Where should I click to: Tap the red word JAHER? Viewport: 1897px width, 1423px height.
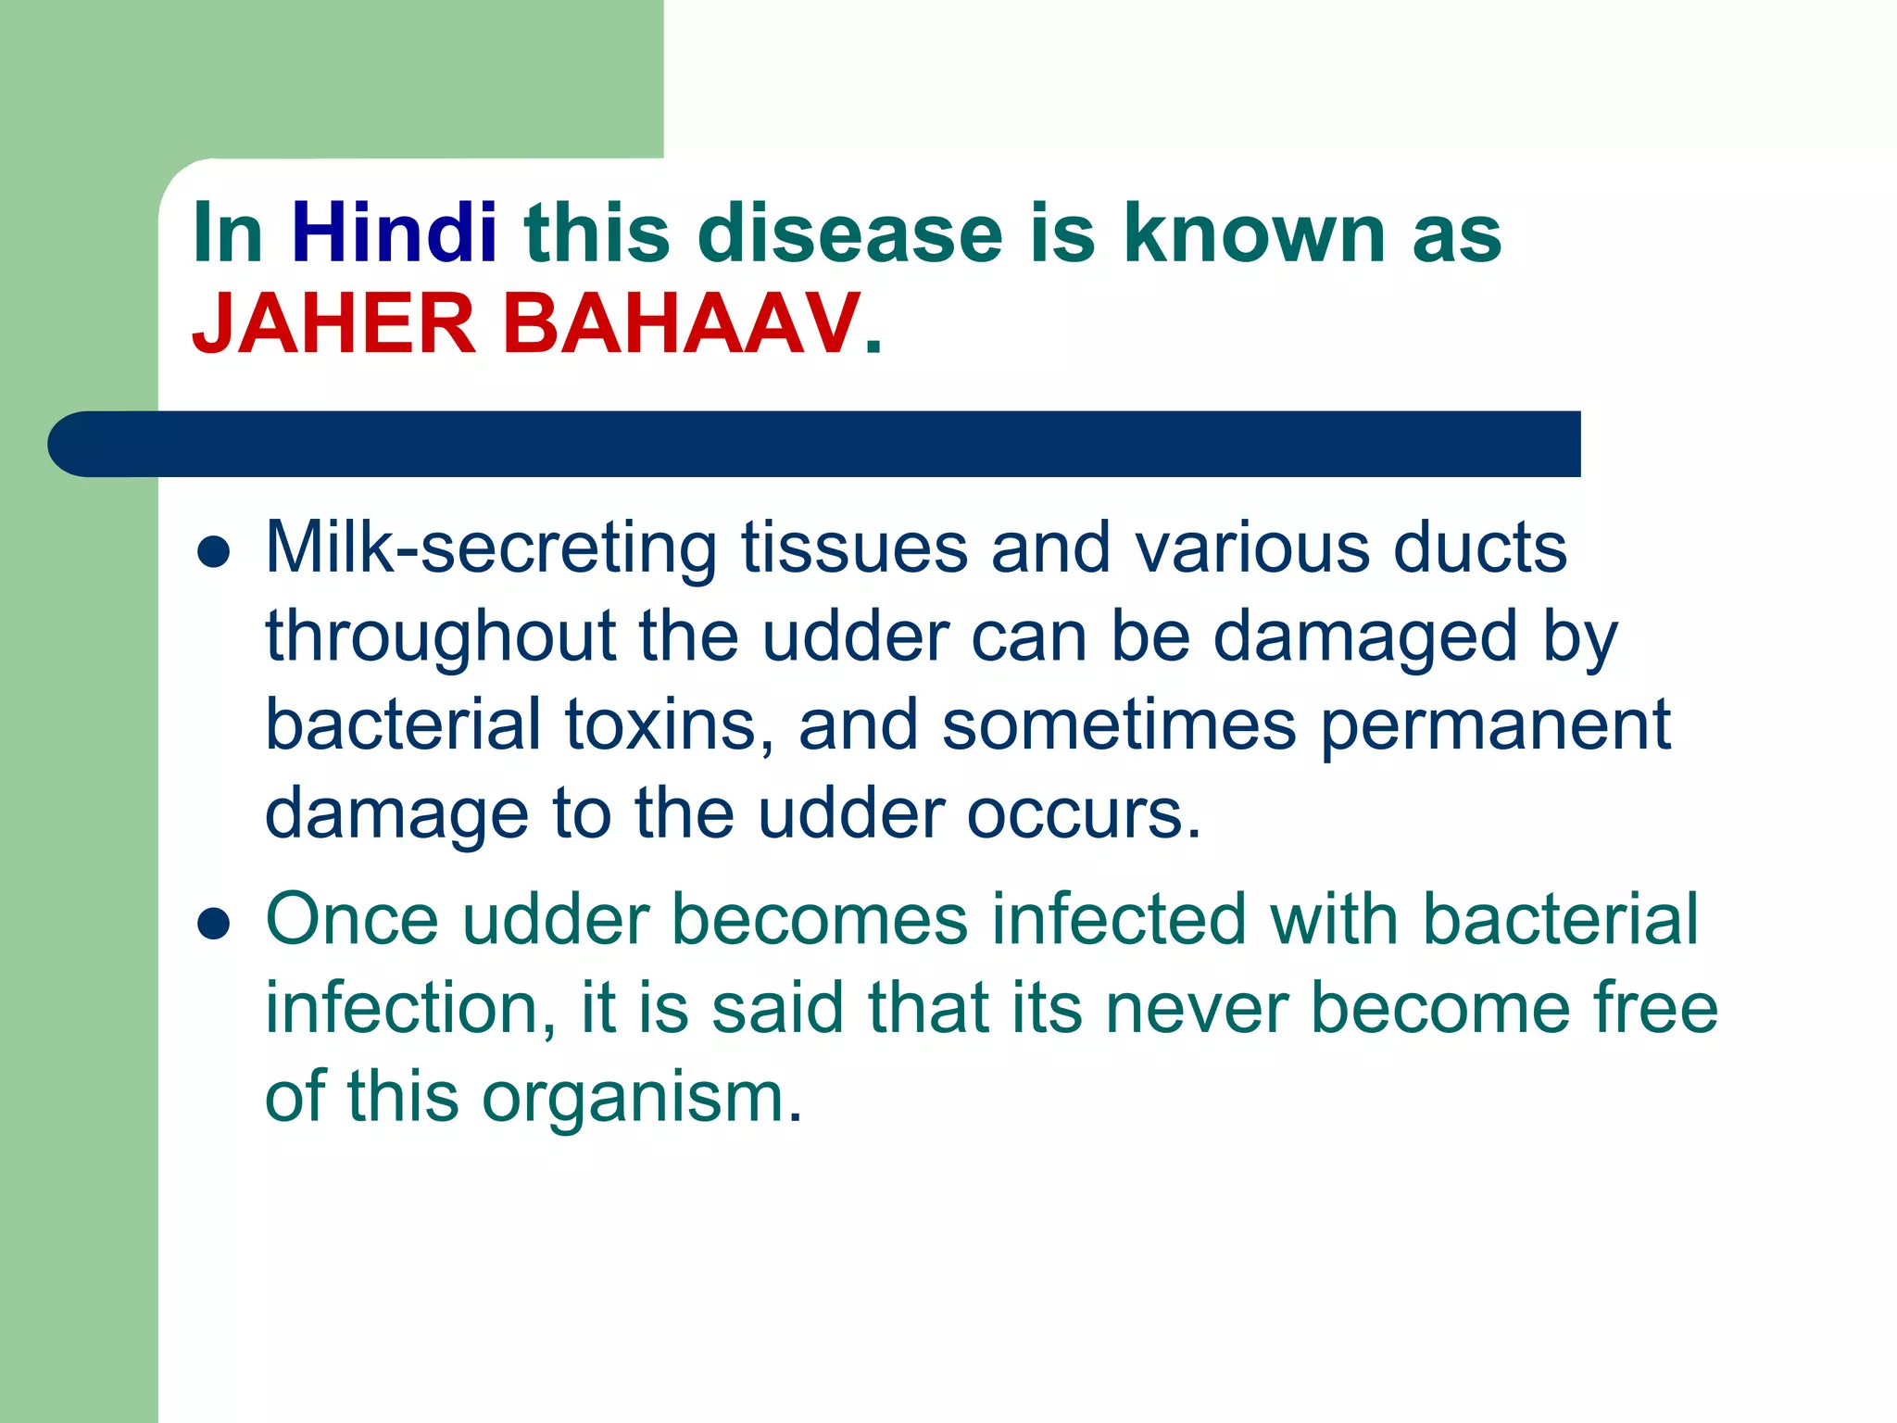(333, 324)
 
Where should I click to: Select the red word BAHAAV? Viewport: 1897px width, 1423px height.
(681, 324)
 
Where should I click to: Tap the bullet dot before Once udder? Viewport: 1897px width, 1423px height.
(213, 924)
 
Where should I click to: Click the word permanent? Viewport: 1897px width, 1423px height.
(1495, 726)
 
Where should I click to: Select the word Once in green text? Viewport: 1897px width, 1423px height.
(352, 919)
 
